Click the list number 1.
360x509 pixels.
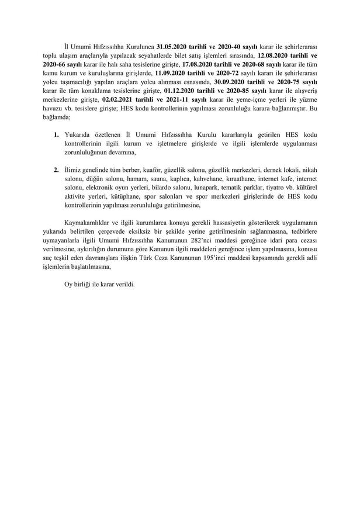coord(56,134)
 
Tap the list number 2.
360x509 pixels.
coord(56,169)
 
